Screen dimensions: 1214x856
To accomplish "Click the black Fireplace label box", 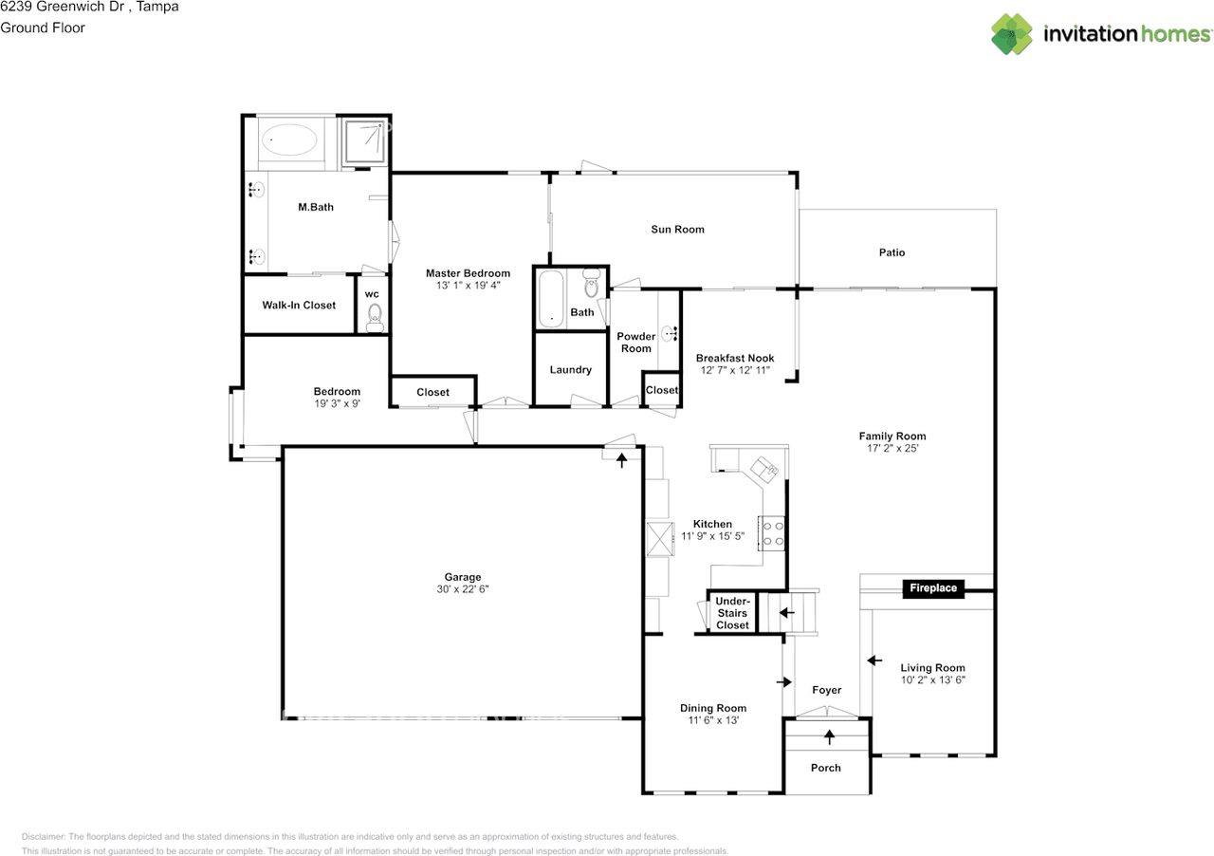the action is tap(933, 588).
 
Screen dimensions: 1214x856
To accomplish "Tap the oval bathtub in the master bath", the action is tap(289, 140).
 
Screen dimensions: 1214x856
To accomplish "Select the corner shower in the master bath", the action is tap(365, 141).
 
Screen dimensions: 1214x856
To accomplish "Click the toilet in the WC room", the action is tap(375, 317).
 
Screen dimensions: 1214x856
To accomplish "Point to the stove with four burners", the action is tap(772, 533).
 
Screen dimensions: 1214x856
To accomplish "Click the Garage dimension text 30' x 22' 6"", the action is tap(462, 589).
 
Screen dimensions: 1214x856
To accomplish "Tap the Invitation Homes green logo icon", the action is tap(1012, 34).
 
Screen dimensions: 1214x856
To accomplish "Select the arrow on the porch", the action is tap(829, 736).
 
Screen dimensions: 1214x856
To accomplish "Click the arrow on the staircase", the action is tap(787, 612).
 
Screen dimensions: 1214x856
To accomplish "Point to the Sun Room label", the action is tap(677, 230).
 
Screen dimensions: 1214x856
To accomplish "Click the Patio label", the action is tap(892, 252).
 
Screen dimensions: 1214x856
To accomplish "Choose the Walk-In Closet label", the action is tap(299, 306).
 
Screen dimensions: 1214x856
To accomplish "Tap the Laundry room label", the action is tap(570, 370).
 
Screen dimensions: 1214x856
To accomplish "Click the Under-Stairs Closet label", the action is tap(732, 613).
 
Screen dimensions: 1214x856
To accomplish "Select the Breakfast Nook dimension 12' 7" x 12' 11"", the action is tap(735, 370).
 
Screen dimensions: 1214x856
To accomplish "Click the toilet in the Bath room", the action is tap(591, 283).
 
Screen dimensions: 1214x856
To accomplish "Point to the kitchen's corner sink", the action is tap(764, 469).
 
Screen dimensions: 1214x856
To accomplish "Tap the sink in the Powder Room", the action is tap(670, 334).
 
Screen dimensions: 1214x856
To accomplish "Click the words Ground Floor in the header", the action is tap(43, 28).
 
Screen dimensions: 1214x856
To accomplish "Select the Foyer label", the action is tap(826, 691).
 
